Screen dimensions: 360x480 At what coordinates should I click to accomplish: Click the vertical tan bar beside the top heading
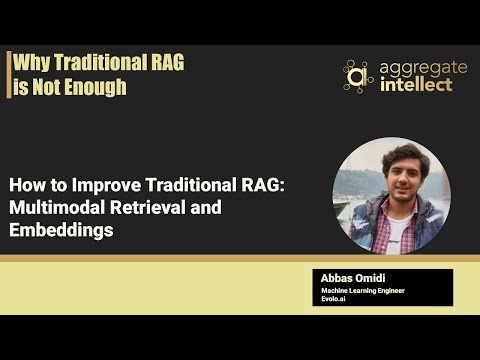9,75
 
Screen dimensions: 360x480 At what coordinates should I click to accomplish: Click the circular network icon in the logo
357,75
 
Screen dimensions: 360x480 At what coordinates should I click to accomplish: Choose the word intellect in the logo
415,84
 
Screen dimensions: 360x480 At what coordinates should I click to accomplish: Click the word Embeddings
60,229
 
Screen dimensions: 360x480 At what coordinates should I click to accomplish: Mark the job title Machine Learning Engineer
367,290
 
